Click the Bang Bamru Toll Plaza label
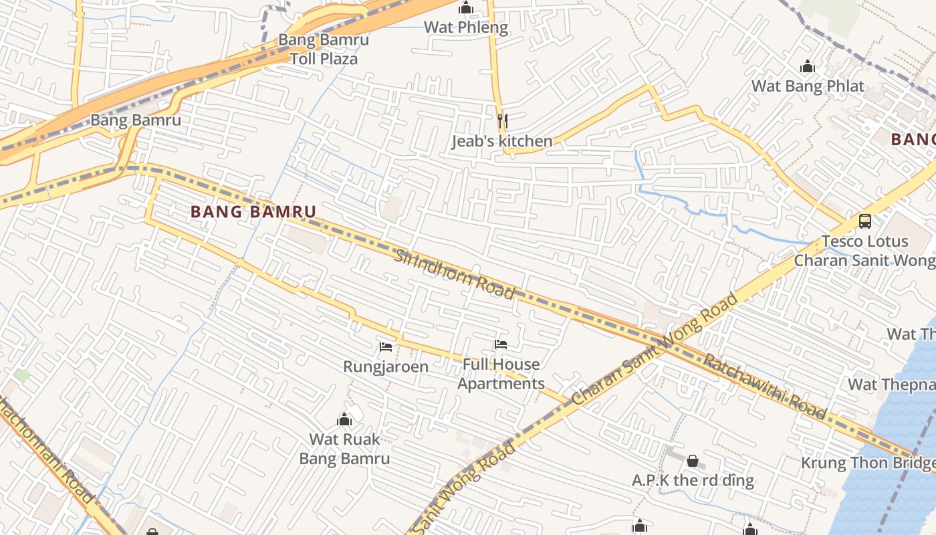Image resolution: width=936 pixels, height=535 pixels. pyautogui.click(x=324, y=49)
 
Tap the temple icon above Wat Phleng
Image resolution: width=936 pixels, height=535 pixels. pyautogui.click(x=466, y=8)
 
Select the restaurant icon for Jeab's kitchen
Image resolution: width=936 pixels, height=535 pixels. pyautogui.click(x=503, y=121)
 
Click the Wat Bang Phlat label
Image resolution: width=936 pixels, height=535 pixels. pyautogui.click(x=808, y=86)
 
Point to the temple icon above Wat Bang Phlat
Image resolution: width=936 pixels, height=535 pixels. pyautogui.click(x=808, y=66)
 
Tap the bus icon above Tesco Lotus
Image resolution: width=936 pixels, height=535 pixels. pyautogui.click(x=864, y=221)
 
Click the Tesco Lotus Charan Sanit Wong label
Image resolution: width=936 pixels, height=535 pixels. pyautogui.click(x=864, y=251)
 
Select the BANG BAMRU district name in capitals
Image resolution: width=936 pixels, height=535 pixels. pyautogui.click(x=253, y=212)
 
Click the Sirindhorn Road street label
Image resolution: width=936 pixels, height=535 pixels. pyautogui.click(x=454, y=274)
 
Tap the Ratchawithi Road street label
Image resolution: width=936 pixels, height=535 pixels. pyautogui.click(x=765, y=386)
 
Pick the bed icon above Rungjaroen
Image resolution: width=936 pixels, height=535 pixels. pyautogui.click(x=386, y=346)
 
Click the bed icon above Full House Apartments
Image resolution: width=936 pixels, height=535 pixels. pyautogui.click(x=501, y=344)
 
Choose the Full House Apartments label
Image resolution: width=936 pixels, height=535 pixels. pyautogui.click(x=501, y=374)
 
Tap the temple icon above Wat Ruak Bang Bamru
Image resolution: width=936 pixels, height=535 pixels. pyautogui.click(x=344, y=420)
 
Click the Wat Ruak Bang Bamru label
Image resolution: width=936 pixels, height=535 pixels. pyautogui.click(x=344, y=449)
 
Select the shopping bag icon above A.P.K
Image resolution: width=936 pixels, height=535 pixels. pyautogui.click(x=693, y=461)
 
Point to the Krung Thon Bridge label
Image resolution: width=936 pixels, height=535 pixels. pyautogui.click(x=868, y=463)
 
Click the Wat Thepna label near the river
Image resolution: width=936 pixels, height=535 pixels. pyautogui.click(x=891, y=385)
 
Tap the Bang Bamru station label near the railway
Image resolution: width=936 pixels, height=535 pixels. pyautogui.click(x=136, y=120)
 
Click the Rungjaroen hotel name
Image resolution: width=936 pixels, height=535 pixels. pyautogui.click(x=386, y=366)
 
